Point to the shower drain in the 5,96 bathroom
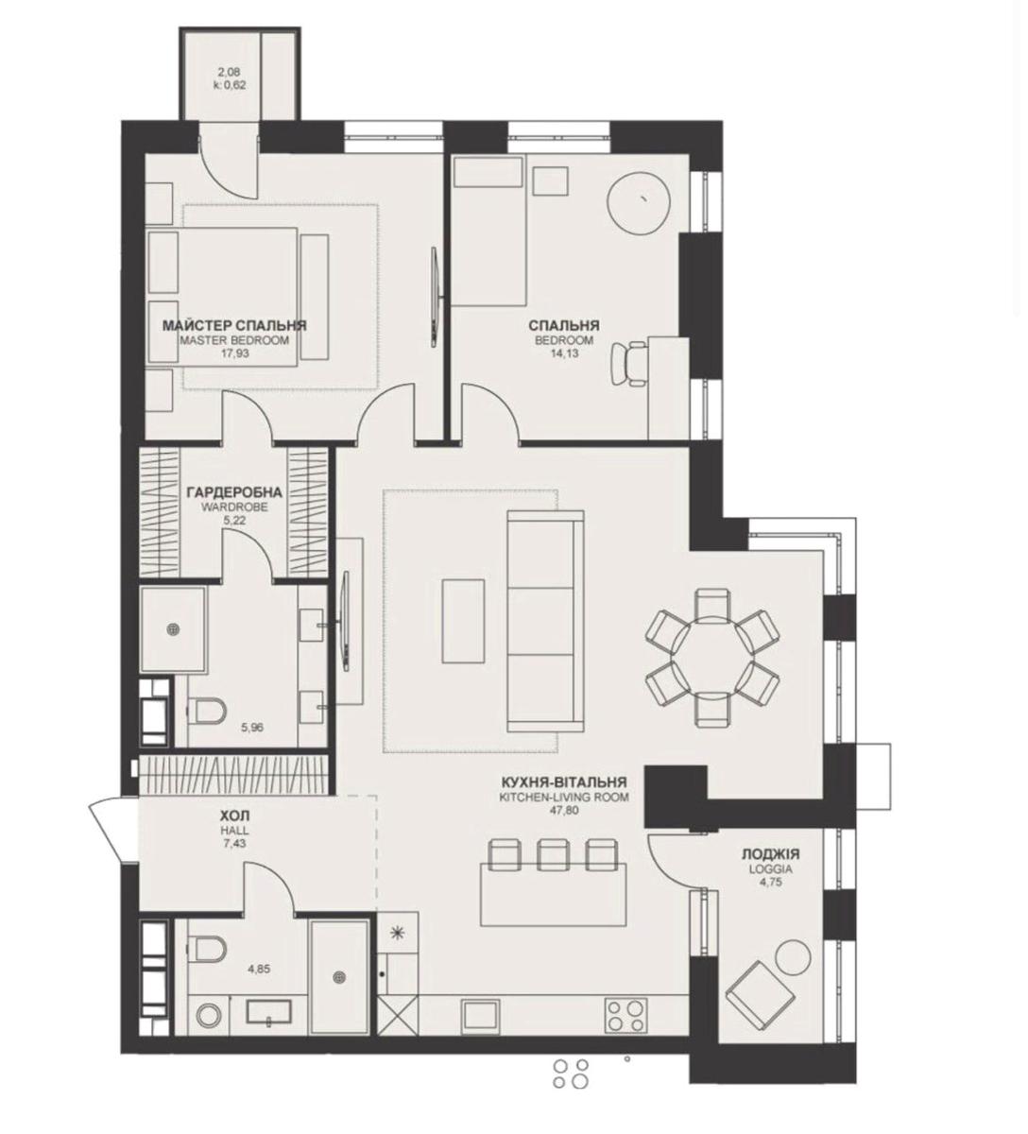tap(174, 629)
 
